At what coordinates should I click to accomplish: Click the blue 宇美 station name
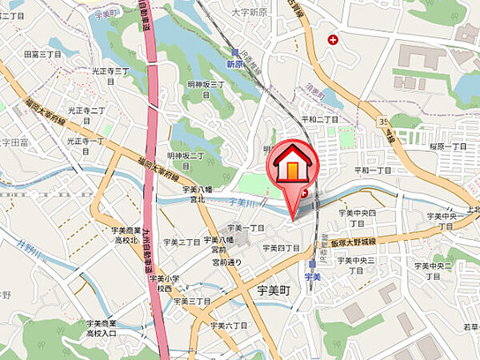[312, 276]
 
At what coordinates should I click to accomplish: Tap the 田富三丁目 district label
[42, 54]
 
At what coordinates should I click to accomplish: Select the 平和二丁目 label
[319, 119]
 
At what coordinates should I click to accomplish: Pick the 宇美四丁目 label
[280, 248]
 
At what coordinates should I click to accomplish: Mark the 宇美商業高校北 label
[126, 234]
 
